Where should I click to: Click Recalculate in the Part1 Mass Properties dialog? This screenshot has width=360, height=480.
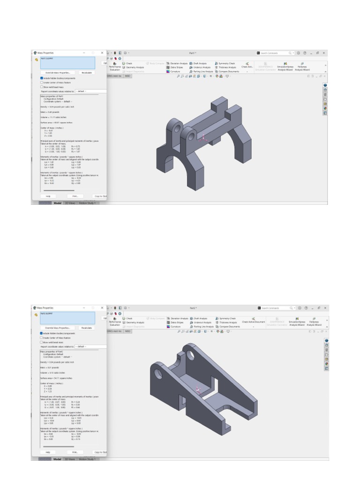click(86, 73)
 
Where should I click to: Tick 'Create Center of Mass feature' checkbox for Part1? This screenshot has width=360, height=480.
click(42, 82)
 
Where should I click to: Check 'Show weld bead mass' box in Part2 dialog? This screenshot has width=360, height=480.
click(42, 342)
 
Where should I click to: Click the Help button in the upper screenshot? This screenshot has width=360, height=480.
click(48, 196)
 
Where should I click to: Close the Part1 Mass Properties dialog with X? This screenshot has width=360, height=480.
click(102, 53)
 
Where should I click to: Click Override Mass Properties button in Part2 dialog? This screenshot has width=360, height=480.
click(58, 328)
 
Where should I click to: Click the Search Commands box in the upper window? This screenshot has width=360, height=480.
click(276, 53)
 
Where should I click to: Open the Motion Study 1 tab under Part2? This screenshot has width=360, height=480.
click(87, 459)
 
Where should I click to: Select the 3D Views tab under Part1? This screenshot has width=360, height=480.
click(70, 203)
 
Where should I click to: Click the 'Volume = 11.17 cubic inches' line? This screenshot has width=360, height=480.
click(53, 117)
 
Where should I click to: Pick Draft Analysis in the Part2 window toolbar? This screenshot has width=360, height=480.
click(200, 318)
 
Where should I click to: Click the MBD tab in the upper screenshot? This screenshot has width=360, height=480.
click(127, 75)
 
